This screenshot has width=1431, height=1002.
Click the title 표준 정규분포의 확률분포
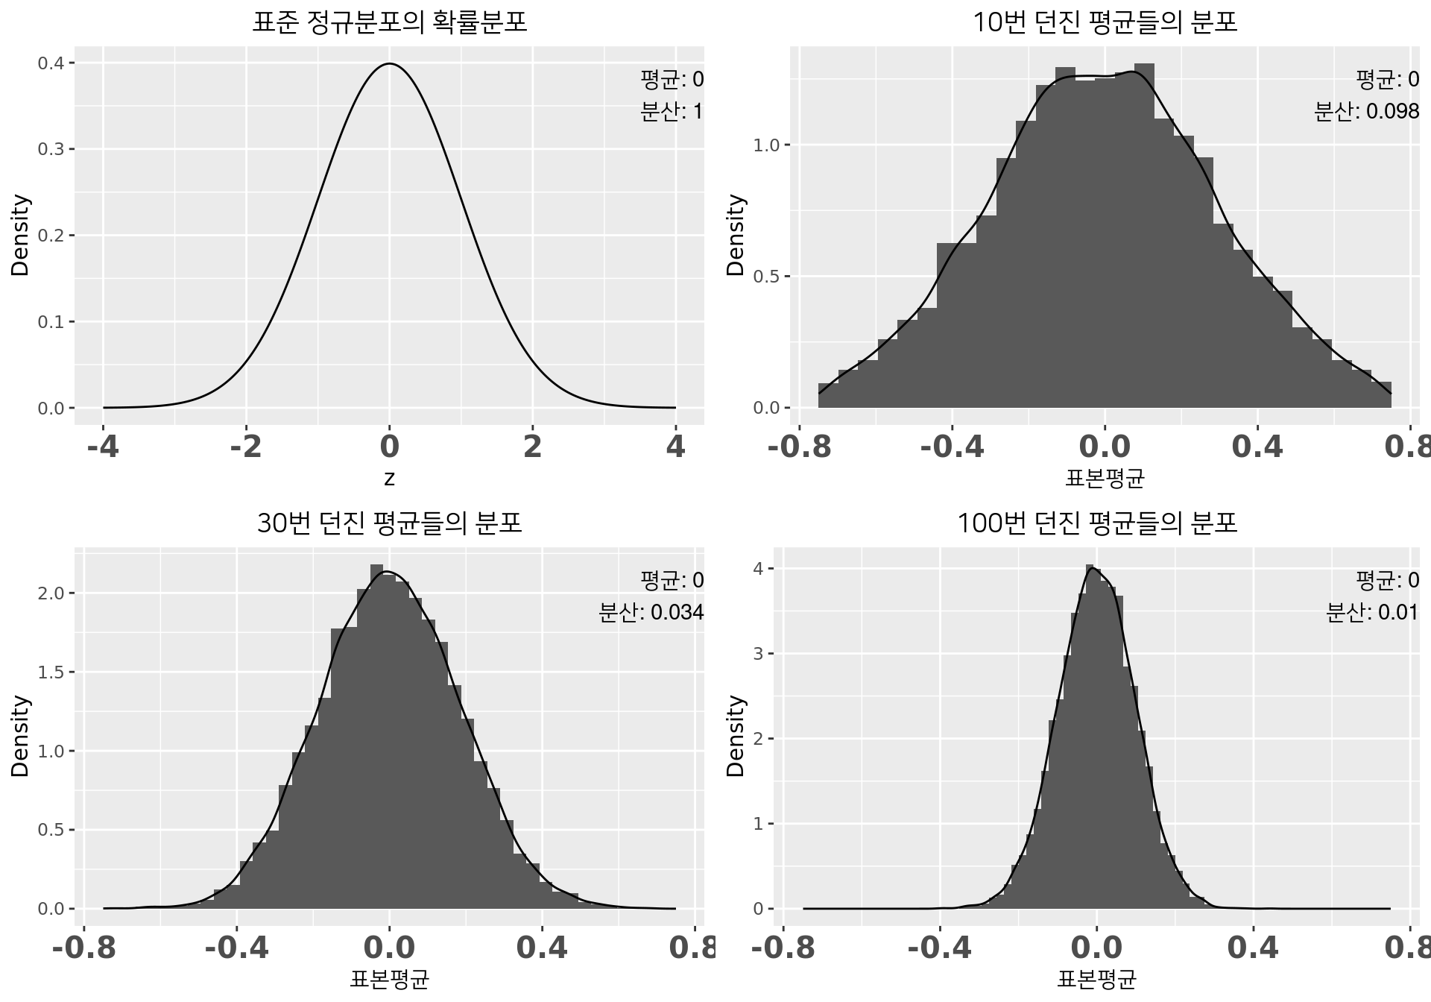click(389, 22)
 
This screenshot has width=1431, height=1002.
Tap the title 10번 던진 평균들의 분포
click(1105, 22)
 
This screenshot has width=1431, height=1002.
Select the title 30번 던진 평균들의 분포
click(389, 523)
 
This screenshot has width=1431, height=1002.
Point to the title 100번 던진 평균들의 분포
click(1096, 523)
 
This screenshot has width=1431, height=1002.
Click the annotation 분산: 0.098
click(1366, 112)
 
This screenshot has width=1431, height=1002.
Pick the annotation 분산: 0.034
click(651, 613)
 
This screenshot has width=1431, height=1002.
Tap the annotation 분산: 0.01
click(1372, 613)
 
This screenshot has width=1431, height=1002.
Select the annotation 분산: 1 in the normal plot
click(671, 112)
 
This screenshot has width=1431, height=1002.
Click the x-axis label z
click(389, 479)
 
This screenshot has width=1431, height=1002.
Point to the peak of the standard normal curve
click(389, 64)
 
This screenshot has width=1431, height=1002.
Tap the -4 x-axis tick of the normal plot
click(103, 447)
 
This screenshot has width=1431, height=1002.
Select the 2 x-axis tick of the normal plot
click(532, 447)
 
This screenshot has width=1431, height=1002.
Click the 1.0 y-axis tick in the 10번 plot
click(766, 145)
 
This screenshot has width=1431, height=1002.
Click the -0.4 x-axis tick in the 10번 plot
click(952, 447)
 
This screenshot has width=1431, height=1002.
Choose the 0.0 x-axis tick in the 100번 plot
click(1096, 948)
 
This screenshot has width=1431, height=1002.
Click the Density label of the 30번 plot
click(20, 737)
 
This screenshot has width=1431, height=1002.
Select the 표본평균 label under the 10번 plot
click(1105, 478)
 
